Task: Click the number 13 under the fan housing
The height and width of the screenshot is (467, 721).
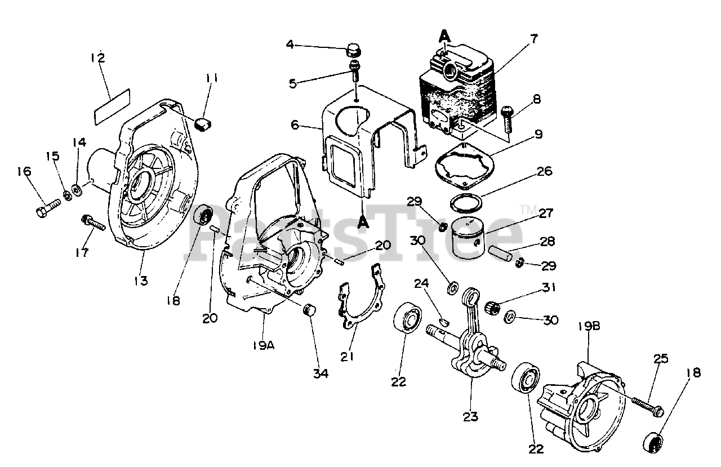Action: pyautogui.click(x=141, y=280)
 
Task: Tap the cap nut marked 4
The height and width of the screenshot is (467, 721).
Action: pyautogui.click(x=354, y=50)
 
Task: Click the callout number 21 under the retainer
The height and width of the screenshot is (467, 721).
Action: pyautogui.click(x=348, y=357)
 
